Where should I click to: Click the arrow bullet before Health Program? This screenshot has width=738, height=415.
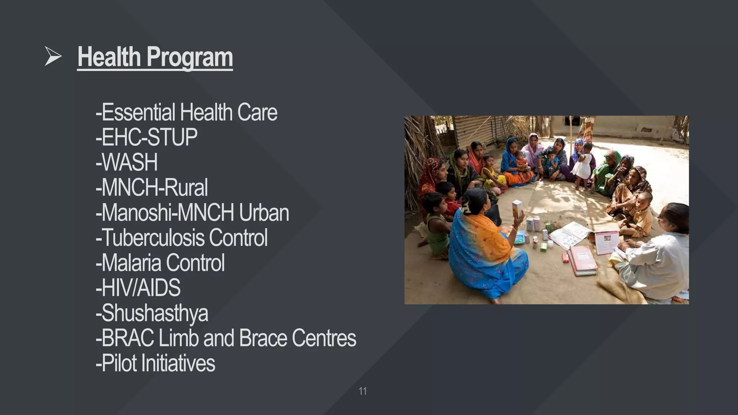point(53,57)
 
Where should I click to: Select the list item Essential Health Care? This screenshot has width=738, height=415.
point(186,112)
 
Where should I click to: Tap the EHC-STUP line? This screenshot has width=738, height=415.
point(146,137)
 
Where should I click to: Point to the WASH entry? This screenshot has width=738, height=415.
point(126,162)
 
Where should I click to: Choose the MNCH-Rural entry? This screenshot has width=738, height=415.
point(152,188)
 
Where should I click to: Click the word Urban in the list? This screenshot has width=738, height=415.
point(264,213)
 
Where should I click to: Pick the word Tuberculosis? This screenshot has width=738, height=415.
point(152,238)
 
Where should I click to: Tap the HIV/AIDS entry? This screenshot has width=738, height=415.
point(138,288)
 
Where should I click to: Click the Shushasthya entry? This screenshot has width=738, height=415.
point(152,313)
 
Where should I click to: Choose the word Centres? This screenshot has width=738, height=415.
point(324,338)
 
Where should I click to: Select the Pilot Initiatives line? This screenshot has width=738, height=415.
point(155,363)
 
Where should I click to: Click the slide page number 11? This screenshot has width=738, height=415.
point(363,391)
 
